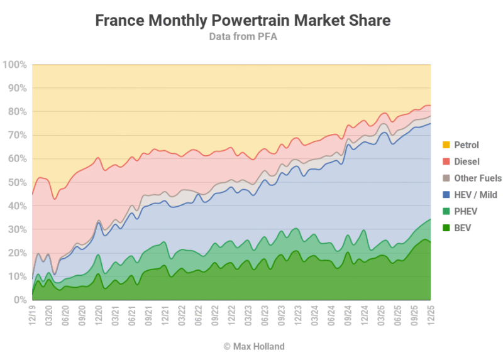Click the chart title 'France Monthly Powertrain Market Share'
click(x=243, y=20)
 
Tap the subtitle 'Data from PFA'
click(x=243, y=36)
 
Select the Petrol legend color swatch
click(x=445, y=145)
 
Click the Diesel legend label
click(x=467, y=161)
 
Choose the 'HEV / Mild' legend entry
click(x=475, y=195)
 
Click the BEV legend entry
click(x=462, y=228)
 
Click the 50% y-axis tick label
click(x=16, y=182)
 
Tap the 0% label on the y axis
click(x=19, y=300)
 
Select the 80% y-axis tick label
click(x=16, y=112)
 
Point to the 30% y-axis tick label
click(x=16, y=229)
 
